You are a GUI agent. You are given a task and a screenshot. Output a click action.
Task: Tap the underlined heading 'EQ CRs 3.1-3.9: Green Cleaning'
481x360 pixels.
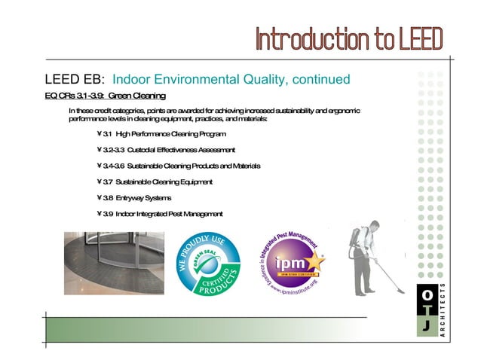coord(105,96)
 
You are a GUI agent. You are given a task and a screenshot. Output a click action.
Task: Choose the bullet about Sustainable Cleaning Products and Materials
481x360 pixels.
coord(179,166)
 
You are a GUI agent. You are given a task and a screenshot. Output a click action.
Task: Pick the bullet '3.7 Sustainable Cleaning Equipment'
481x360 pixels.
coord(155,182)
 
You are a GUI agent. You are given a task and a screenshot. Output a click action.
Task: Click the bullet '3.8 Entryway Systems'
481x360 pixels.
coord(133,197)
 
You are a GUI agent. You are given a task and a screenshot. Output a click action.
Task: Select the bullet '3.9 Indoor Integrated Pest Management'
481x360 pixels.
coord(160,214)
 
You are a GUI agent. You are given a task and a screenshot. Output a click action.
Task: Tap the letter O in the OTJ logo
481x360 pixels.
coord(427,294)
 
